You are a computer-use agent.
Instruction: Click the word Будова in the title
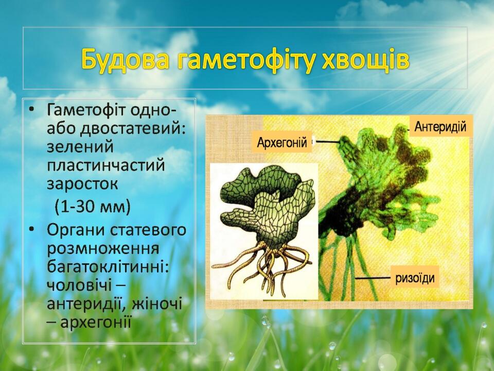pos(125,59)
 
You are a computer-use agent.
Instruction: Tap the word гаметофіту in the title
pos(246,60)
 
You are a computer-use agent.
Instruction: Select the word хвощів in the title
pos(366,59)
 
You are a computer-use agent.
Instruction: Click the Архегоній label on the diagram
pos(282,143)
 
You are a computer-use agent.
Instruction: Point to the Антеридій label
pos(440,127)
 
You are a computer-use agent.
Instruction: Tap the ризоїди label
pos(415,278)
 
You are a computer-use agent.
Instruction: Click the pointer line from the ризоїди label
pos(374,278)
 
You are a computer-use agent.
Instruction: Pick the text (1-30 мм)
pos(92,207)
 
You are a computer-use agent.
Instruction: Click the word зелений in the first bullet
pos(80,147)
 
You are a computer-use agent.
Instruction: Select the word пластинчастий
pos(106,165)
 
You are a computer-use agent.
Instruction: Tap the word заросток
pos(82,184)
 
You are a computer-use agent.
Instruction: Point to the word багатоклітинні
pos(108,267)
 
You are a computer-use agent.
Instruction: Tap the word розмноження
pos(103,249)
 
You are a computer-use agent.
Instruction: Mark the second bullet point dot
pos(31,229)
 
